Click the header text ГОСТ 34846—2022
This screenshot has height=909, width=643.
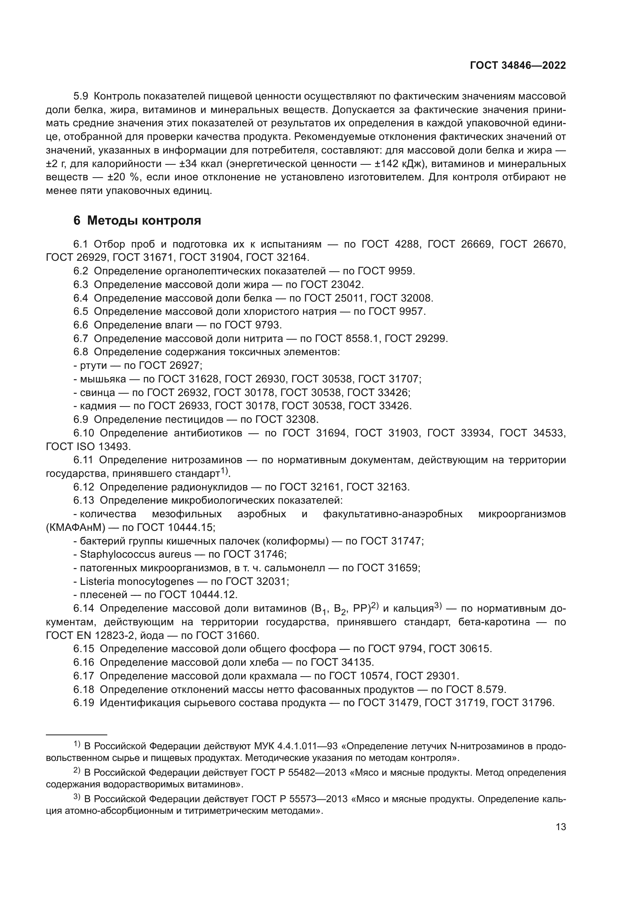click(x=517, y=65)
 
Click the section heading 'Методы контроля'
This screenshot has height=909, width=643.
click(x=144, y=220)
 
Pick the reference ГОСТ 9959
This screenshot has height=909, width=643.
click(x=386, y=271)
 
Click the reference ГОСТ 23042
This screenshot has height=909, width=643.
click(x=332, y=284)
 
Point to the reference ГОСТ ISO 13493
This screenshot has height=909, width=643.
click(x=88, y=447)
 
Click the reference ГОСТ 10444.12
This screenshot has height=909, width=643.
click(x=197, y=595)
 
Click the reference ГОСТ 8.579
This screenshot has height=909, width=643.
click(x=475, y=689)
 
